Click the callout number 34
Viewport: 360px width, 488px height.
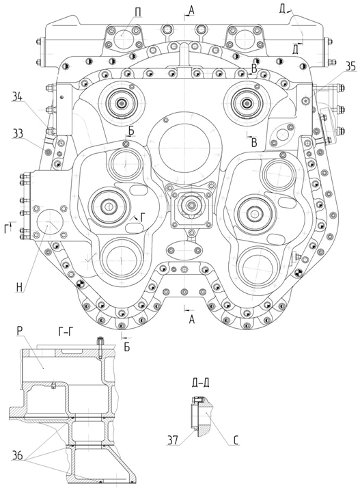(18, 97)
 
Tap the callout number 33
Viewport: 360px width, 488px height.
(18, 133)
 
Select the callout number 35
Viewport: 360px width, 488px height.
(350, 67)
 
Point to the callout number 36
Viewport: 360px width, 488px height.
(18, 456)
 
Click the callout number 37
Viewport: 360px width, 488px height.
(173, 439)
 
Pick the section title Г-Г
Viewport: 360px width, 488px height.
(66, 332)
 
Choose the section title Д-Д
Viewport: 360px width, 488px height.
(200, 383)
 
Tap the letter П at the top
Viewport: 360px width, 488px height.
(138, 12)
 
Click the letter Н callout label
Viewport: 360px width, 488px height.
(19, 288)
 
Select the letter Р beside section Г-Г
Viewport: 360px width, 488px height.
(19, 331)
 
